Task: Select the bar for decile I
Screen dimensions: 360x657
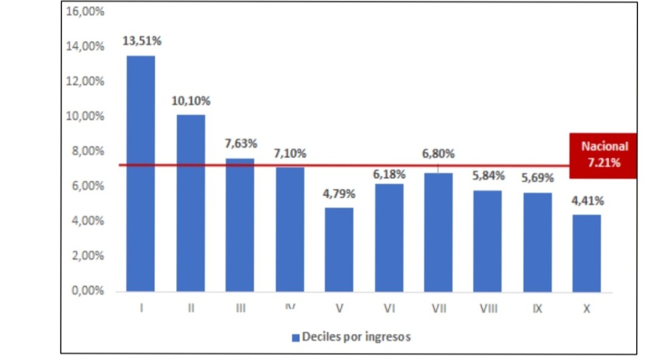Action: point(141,174)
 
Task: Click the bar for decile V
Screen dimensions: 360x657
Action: point(339,250)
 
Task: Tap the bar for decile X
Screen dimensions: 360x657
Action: point(586,253)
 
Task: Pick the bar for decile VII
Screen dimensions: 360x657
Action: point(438,232)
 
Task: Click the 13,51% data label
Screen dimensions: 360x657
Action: point(142,41)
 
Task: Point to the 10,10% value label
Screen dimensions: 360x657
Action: point(191,101)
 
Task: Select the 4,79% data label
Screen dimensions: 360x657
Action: point(339,194)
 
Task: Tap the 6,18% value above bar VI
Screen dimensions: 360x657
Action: point(389,174)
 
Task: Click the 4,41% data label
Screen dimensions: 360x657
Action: point(586,201)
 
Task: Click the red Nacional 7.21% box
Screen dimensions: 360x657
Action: point(603,155)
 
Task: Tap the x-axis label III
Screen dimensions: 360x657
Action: point(241,309)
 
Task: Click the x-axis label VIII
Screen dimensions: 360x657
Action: point(488,309)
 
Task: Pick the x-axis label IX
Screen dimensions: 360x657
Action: point(537,309)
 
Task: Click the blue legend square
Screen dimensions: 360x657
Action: point(296,337)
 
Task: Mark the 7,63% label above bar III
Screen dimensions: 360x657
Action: point(241,144)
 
